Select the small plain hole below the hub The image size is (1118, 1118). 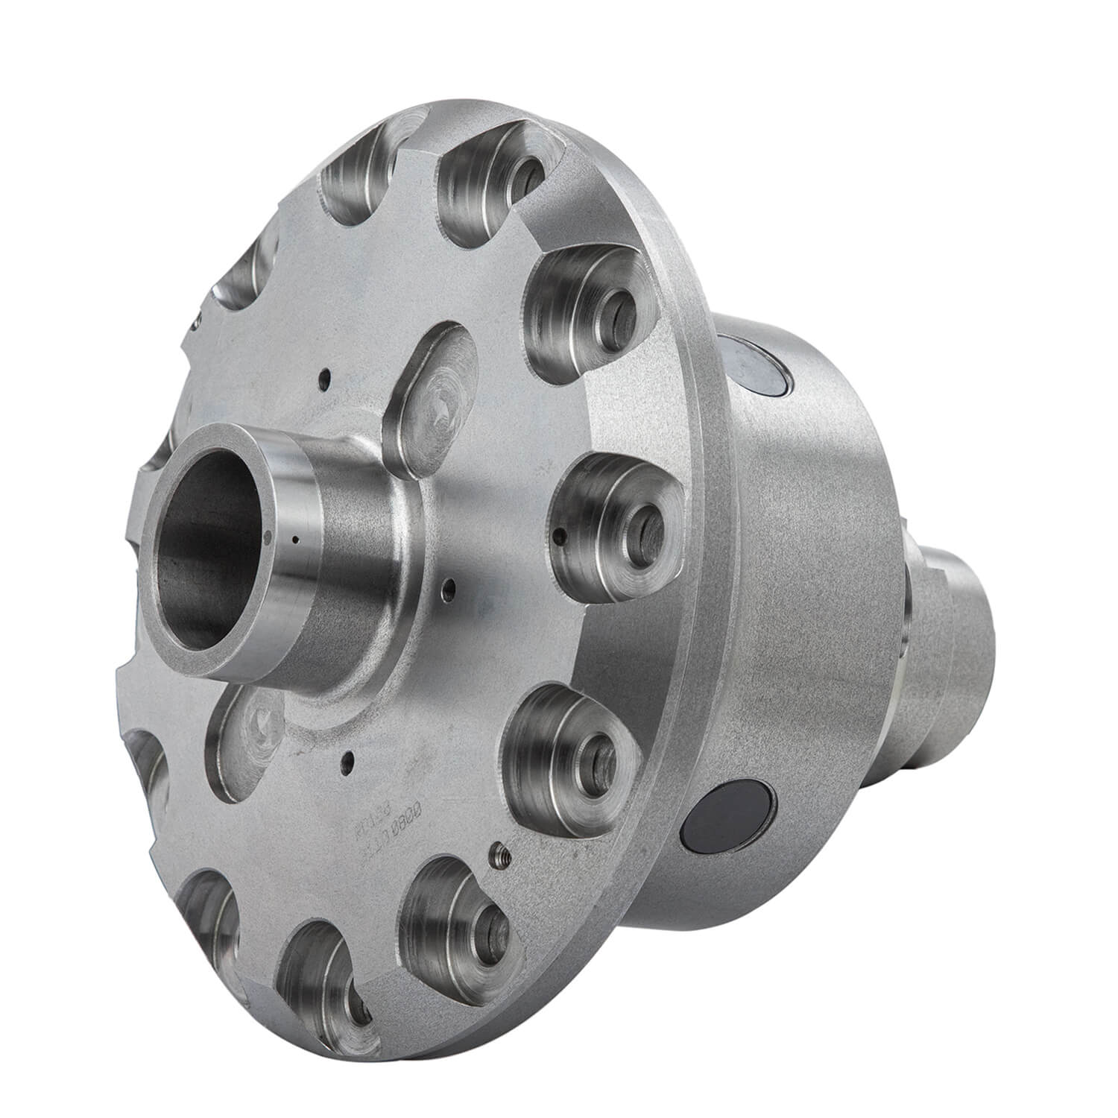(x=347, y=759)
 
